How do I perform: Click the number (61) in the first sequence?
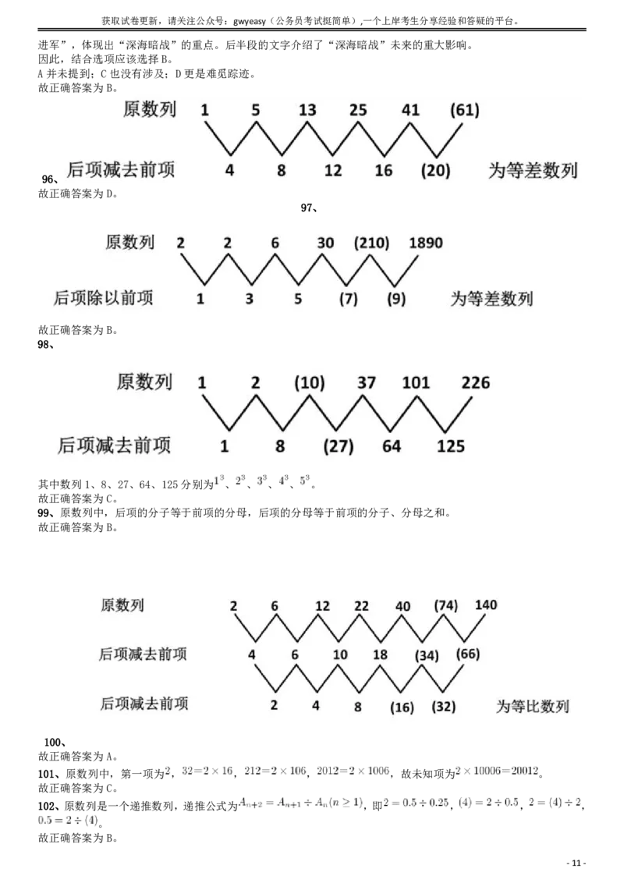465,110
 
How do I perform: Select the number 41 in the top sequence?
410,110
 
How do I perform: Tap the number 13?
307,110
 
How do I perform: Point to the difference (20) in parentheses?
435,170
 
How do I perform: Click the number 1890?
426,243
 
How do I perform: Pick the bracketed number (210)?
371,243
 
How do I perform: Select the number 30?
326,243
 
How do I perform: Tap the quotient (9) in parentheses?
396,298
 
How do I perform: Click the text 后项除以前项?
104,298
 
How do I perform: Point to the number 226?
476,383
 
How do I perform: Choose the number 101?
416,383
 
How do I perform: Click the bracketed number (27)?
338,446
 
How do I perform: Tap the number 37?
367,383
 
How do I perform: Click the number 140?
485,605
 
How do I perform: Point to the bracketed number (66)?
468,654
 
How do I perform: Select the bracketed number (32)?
443,707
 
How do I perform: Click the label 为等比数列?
533,707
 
